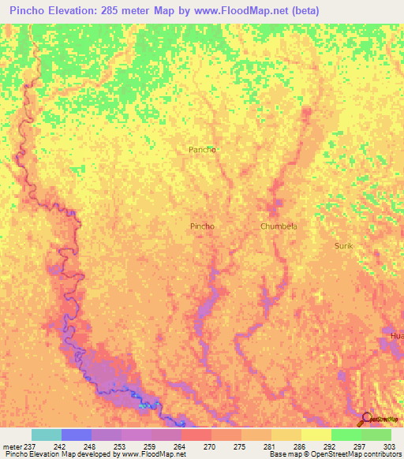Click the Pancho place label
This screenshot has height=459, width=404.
202,149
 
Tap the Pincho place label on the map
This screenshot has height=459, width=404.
202,226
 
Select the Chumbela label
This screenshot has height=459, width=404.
279,226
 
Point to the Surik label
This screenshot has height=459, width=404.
343,246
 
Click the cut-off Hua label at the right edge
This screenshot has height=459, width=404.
396,336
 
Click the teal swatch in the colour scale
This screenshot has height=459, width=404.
47,435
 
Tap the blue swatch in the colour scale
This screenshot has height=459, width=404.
77,435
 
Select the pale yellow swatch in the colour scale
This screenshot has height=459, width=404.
316,435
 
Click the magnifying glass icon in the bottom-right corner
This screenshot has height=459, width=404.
365,419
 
